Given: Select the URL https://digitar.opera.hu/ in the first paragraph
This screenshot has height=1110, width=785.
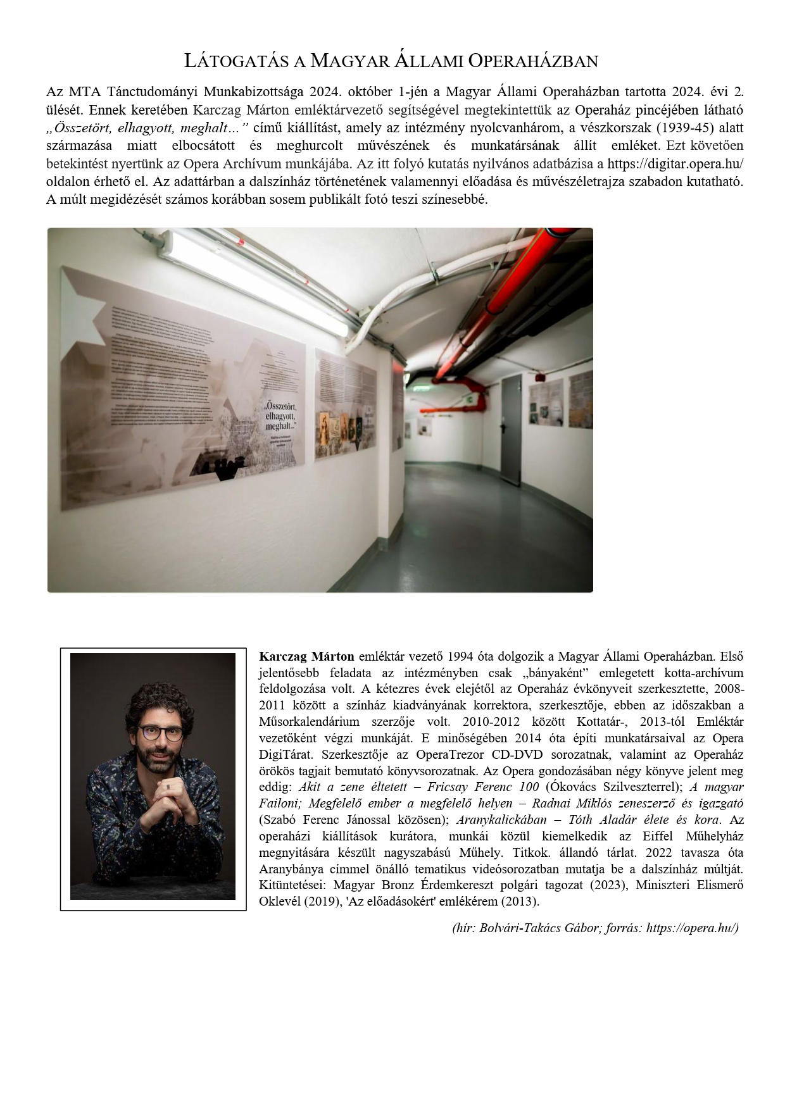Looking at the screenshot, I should point(675,164).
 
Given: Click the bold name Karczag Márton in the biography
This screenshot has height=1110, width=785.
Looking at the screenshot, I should point(306,656).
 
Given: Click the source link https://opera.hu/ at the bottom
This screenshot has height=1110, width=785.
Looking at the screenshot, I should point(692,928).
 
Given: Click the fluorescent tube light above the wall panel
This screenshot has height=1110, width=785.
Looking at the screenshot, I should point(253,282).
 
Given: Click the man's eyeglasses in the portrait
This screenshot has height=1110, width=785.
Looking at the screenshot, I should point(161,733).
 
